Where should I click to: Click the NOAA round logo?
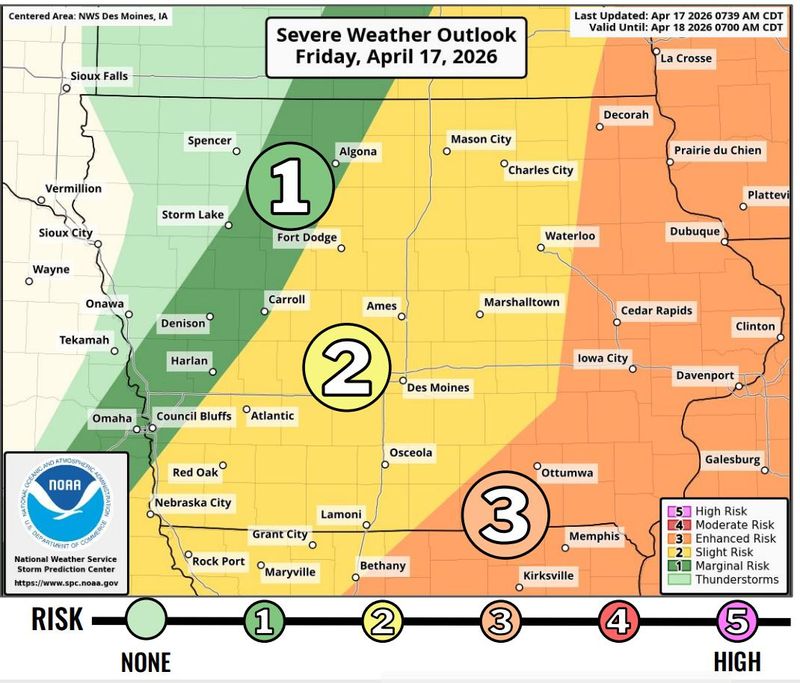click(x=66, y=501)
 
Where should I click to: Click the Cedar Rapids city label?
click(x=656, y=311)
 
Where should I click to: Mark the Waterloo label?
click(x=569, y=236)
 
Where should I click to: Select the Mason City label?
click(x=480, y=139)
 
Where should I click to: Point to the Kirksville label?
click(x=549, y=576)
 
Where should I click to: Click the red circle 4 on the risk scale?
click(x=616, y=621)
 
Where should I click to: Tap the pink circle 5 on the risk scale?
click(x=737, y=621)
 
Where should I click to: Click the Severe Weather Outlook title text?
click(x=396, y=35)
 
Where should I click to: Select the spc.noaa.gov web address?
click(x=67, y=582)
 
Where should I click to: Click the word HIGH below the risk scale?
click(x=737, y=661)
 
